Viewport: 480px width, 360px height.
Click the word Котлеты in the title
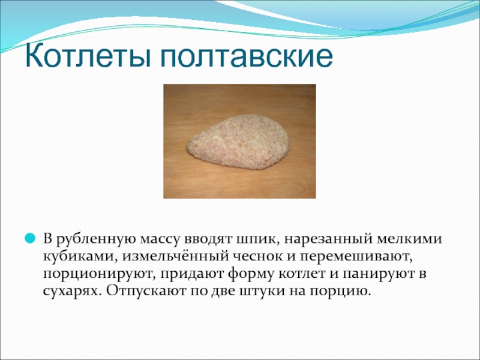pos(88,56)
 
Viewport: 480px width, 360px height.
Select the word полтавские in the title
pos(247,56)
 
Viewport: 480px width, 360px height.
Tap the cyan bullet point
pos(30,238)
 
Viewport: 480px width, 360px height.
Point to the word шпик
pos(256,239)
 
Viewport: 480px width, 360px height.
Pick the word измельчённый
pos(174,257)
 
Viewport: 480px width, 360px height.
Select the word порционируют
pos(98,274)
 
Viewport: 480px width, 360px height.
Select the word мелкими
pos(410,239)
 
